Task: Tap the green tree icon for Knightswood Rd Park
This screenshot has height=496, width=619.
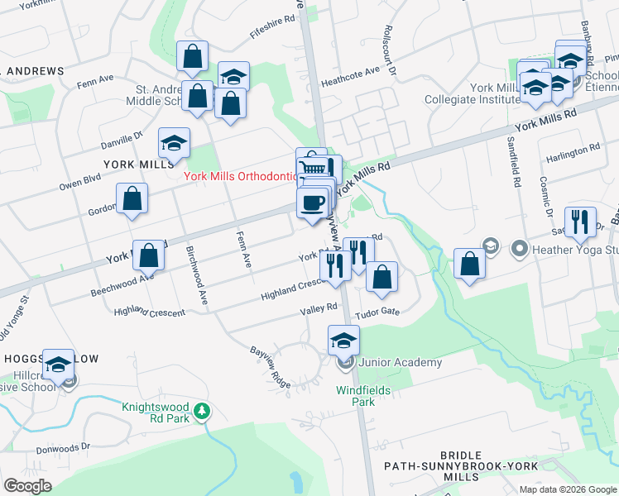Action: coord(201,410)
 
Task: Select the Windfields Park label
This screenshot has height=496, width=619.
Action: coord(362,396)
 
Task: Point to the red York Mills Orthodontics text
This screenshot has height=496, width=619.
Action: coord(240,176)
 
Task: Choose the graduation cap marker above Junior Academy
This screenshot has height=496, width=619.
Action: coord(344,340)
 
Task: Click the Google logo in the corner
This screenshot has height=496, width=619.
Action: coord(28,485)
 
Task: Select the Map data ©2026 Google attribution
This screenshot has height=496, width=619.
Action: coord(567,489)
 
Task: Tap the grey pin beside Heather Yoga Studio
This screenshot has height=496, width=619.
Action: coord(520,248)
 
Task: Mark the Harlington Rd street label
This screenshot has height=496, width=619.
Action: coord(573,153)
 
